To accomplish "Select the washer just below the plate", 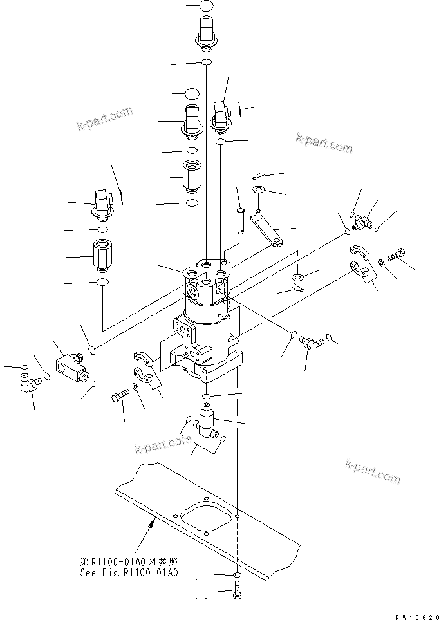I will point(237,574).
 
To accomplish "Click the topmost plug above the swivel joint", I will point(205,32).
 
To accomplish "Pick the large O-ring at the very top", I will point(205,6).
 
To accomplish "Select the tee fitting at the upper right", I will point(363,223).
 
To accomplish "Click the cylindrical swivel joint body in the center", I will point(206,322).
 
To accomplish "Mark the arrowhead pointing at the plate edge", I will point(152,525).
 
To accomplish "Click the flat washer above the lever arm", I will point(258,189).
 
